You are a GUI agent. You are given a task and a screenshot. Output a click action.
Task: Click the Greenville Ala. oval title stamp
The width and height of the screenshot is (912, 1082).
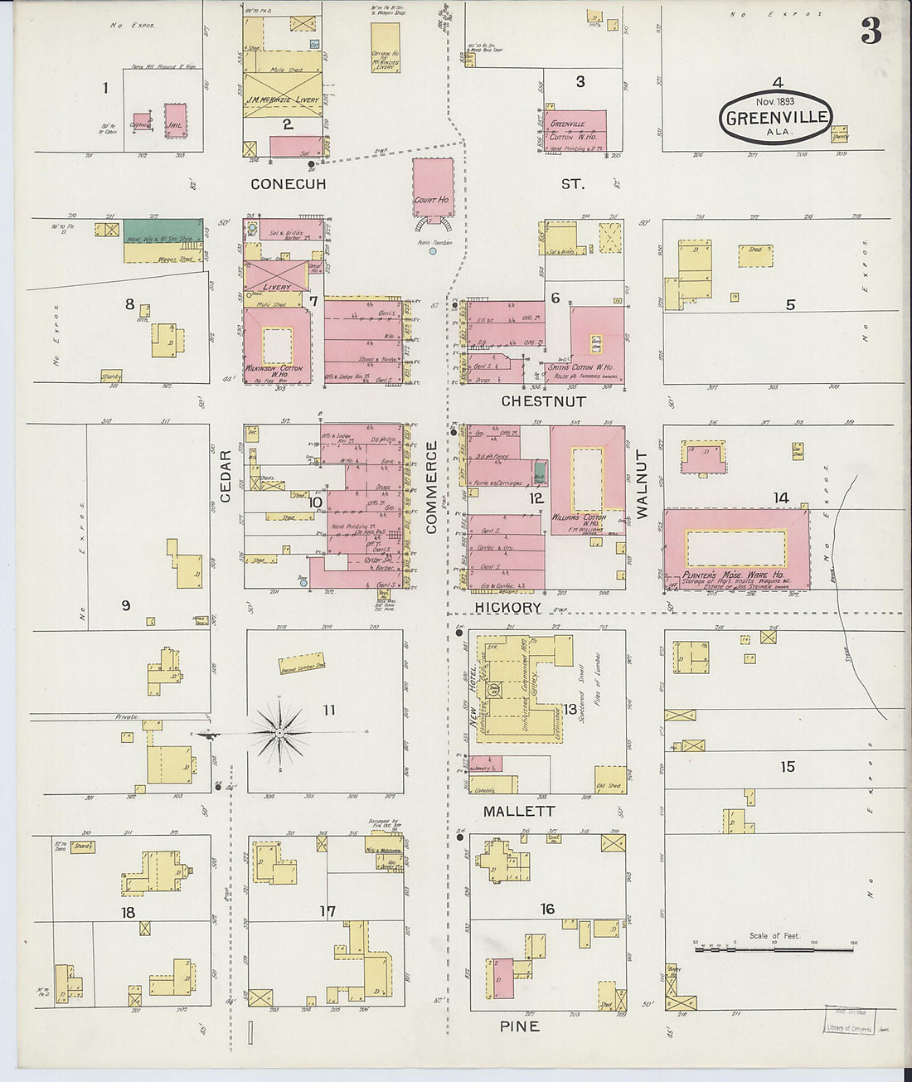point(776,118)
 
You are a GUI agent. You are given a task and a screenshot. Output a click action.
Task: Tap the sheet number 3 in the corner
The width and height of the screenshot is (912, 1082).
point(871,31)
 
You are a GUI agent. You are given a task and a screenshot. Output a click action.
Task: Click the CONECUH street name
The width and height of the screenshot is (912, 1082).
point(289,184)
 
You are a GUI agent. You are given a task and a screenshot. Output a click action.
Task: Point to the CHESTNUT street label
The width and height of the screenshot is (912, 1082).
point(543,401)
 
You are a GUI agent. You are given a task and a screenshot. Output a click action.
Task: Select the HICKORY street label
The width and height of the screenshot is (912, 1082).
point(508,608)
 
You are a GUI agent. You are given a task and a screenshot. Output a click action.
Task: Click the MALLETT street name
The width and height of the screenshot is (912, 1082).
point(519,811)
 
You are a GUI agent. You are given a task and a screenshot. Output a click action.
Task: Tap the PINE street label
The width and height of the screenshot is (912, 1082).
point(520,1026)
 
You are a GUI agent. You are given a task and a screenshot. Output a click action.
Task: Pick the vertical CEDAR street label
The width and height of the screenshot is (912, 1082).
point(226,476)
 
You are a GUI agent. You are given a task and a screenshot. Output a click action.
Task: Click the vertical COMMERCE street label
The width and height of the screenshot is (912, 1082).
point(431,487)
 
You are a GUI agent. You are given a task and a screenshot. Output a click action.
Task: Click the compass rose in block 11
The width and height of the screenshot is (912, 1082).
point(280,733)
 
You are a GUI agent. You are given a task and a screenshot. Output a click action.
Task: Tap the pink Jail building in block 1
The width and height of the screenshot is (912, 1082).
point(175,121)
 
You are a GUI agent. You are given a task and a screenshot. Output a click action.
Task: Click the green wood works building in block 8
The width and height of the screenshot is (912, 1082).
point(163,230)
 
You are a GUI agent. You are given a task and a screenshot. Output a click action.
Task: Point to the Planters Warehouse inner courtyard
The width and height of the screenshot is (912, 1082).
point(736,548)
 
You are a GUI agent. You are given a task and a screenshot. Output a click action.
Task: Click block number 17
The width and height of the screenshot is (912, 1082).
point(328,911)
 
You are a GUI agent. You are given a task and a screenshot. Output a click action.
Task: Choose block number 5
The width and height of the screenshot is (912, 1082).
point(790,305)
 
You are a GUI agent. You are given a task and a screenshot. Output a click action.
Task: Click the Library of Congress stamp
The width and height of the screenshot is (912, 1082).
point(849,1021)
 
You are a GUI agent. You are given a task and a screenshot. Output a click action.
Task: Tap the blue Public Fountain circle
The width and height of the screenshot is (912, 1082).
point(433,250)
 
